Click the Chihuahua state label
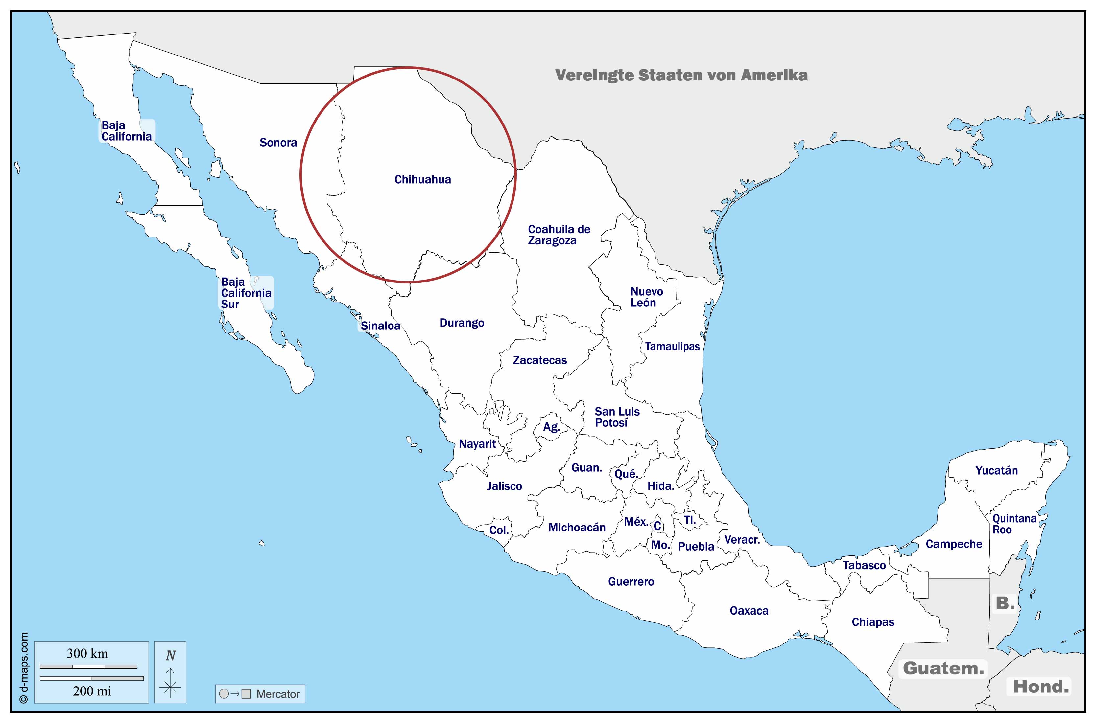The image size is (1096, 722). (x=422, y=180)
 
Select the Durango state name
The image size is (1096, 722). (x=462, y=323)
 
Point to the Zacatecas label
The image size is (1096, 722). (x=539, y=360)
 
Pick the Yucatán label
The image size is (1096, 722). (x=996, y=471)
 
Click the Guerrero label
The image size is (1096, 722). (x=631, y=581)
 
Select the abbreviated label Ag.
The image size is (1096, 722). (x=551, y=427)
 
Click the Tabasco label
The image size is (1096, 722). (x=864, y=565)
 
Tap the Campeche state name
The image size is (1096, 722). (x=954, y=544)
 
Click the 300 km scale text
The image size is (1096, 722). (x=87, y=653)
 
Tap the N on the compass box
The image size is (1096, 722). (x=171, y=655)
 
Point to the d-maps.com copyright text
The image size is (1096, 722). (x=24, y=668)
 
